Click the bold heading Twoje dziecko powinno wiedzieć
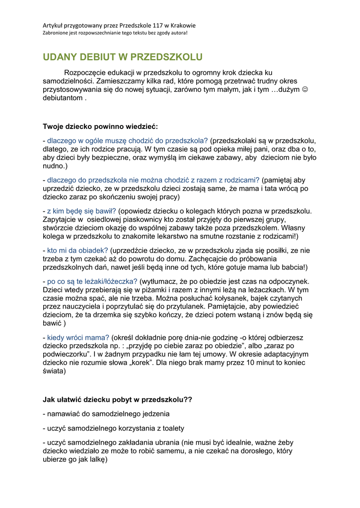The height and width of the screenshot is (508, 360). pyautogui.click(x=100, y=126)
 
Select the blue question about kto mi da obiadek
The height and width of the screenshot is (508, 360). pyautogui.click(x=77, y=250)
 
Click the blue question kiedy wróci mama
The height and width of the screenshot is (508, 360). pyautogui.click(x=78, y=337)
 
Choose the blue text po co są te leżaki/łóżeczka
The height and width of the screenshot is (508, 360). pyautogui.click(x=92, y=281)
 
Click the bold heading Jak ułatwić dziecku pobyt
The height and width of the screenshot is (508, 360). pyautogui.click(x=117, y=399)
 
